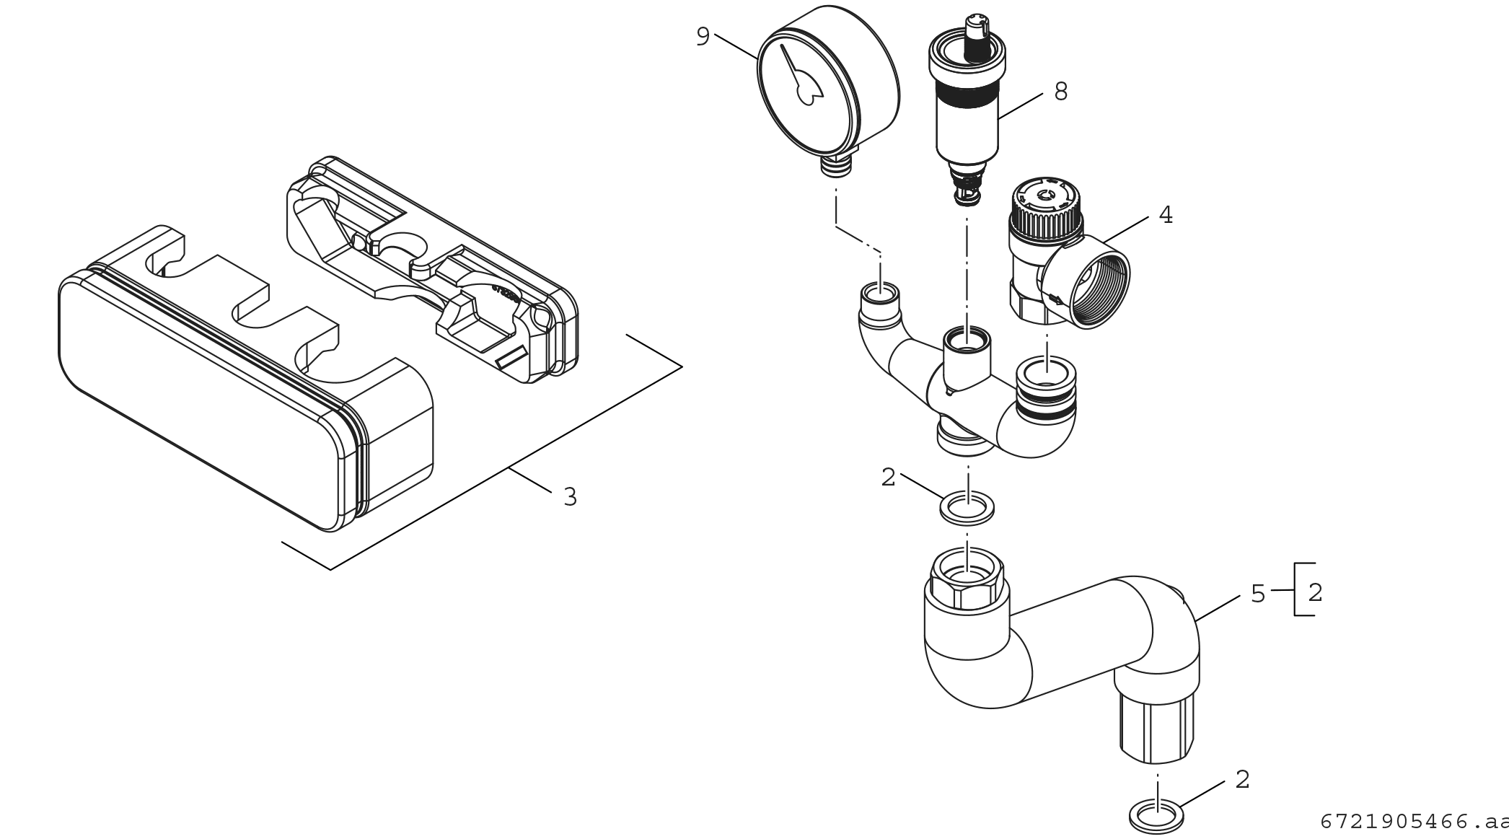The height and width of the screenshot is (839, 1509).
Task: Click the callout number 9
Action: click(703, 36)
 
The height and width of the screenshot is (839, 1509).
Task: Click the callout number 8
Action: click(1060, 92)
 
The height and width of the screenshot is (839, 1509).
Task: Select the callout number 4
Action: click(1166, 215)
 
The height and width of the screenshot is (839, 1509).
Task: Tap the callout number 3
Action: click(570, 497)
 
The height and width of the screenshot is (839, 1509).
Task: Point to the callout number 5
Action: click(1258, 594)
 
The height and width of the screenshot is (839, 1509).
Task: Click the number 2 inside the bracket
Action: click(1315, 592)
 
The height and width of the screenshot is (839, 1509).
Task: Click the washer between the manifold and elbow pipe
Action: click(967, 506)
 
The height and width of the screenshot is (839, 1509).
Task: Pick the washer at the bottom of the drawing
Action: click(1156, 818)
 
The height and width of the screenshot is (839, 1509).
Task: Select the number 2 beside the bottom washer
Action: click(1242, 779)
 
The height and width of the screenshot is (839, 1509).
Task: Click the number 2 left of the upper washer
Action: click(888, 477)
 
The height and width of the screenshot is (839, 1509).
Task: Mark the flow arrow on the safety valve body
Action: click(1055, 298)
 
